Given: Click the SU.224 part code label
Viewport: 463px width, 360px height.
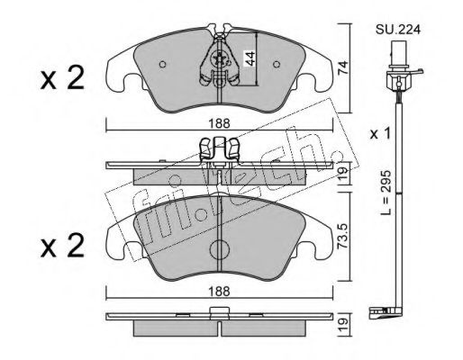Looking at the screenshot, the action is tap(398, 30).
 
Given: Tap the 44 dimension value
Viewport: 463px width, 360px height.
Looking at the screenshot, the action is tap(250, 58).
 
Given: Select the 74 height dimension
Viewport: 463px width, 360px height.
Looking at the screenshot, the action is tap(342, 67).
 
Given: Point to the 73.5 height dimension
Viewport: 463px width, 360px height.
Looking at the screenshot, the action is tap(343, 236).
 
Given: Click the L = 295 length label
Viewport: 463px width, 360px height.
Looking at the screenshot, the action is tap(386, 193).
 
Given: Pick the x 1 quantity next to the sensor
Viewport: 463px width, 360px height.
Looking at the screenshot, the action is tap(380, 134).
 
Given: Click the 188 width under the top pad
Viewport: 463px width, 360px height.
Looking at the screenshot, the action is tap(220, 123).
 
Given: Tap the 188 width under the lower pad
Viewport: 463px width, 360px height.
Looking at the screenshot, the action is tap(220, 291).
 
